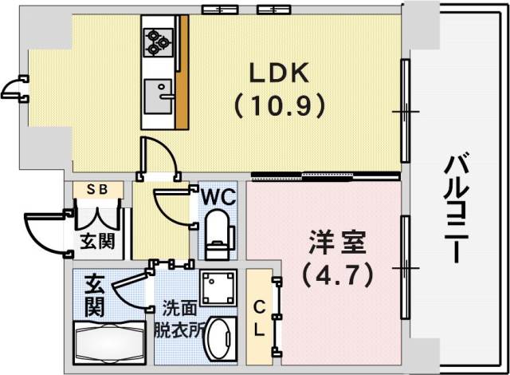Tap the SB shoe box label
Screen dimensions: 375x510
(x=98, y=190)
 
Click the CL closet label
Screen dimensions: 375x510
(x=260, y=318)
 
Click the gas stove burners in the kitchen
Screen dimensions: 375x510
(x=157, y=40)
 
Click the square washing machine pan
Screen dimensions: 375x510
(x=218, y=288)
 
